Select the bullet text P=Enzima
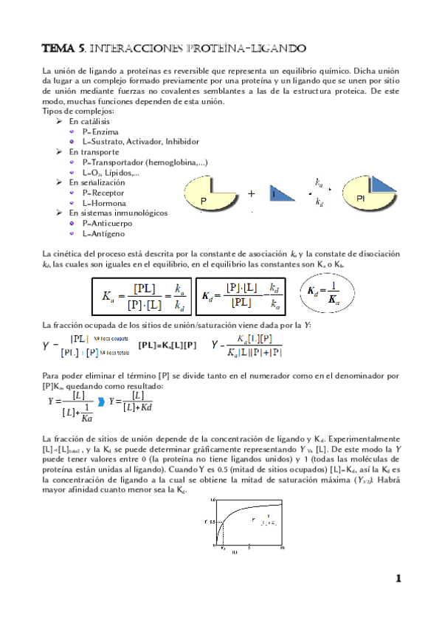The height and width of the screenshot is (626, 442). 96,131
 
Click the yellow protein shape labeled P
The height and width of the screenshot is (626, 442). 206,195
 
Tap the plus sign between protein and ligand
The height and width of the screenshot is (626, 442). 251,194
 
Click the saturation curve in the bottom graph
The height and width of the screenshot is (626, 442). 244,510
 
